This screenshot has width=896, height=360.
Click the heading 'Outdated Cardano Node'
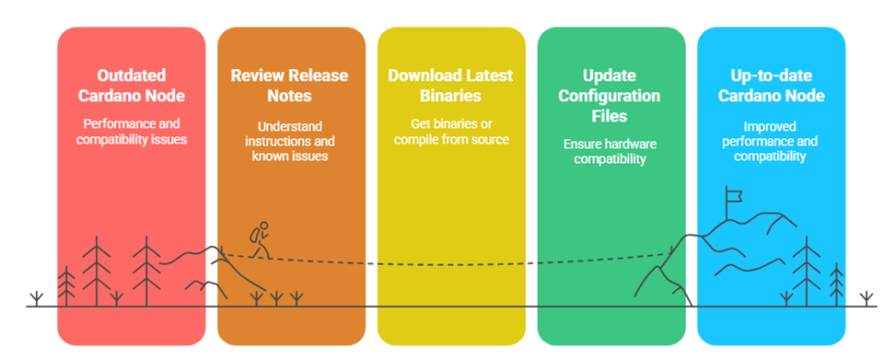tap(132, 85)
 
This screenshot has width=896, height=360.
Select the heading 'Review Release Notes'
tap(290, 85)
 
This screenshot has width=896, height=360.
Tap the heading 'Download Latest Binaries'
tap(451, 85)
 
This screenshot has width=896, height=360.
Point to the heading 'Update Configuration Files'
tap(609, 96)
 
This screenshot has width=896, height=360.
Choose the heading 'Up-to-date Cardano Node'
tap(772, 85)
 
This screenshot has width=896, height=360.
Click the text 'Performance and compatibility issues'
tap(132, 132)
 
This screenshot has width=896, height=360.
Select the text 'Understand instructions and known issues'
tap(290, 141)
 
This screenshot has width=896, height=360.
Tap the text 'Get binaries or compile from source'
tap(451, 132)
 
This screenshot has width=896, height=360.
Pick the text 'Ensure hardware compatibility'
tap(610, 151)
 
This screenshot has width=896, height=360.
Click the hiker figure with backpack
tap(260, 239)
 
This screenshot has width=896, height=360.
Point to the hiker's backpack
tap(254, 234)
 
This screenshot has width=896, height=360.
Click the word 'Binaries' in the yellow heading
tap(451, 96)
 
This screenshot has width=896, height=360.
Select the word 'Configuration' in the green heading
tap(609, 96)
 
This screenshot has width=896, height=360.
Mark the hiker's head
tap(264, 226)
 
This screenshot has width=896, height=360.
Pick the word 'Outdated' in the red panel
tap(132, 75)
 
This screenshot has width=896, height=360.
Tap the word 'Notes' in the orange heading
tap(290, 96)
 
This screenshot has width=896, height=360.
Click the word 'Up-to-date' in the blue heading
tap(772, 76)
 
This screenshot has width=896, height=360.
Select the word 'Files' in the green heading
tap(609, 116)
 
